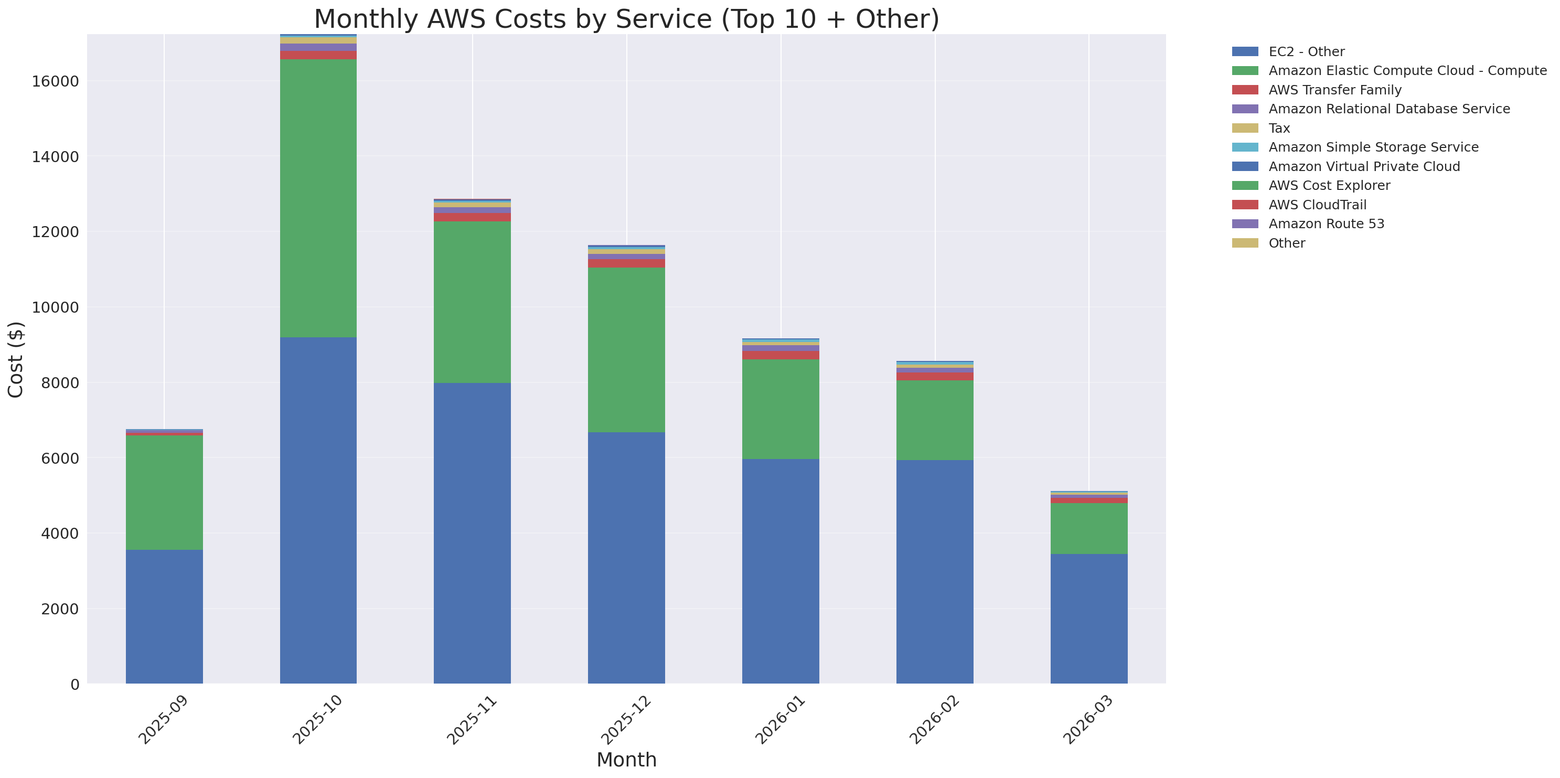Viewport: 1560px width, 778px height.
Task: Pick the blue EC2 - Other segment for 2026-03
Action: point(1088,618)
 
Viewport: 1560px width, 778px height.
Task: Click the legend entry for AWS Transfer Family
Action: point(1335,90)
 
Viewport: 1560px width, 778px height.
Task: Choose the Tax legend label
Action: point(1279,129)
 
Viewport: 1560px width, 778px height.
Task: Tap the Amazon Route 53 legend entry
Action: point(1326,224)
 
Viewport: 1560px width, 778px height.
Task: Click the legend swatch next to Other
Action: point(1245,243)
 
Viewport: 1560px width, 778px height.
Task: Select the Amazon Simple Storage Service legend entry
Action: point(1373,147)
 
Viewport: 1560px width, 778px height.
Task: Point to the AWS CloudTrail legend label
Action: point(1317,205)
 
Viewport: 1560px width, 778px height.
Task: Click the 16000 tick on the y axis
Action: point(55,82)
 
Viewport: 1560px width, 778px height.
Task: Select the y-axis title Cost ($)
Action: point(16,360)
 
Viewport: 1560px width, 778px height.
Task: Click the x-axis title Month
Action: point(626,760)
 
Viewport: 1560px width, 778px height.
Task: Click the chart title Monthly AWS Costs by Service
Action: point(626,19)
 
